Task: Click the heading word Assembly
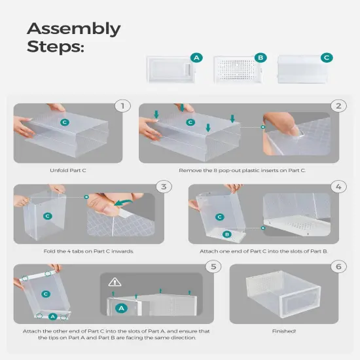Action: tap(73, 29)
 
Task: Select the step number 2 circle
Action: tap(338, 105)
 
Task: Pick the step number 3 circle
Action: tap(164, 187)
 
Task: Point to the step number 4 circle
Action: tap(338, 187)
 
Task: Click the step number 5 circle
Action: tap(213, 266)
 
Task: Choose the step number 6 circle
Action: tap(338, 266)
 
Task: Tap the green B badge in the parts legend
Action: tap(260, 58)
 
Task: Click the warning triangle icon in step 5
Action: tap(115, 281)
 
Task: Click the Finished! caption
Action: tap(284, 332)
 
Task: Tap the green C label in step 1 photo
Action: tap(64, 122)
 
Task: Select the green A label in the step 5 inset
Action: tap(121, 307)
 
